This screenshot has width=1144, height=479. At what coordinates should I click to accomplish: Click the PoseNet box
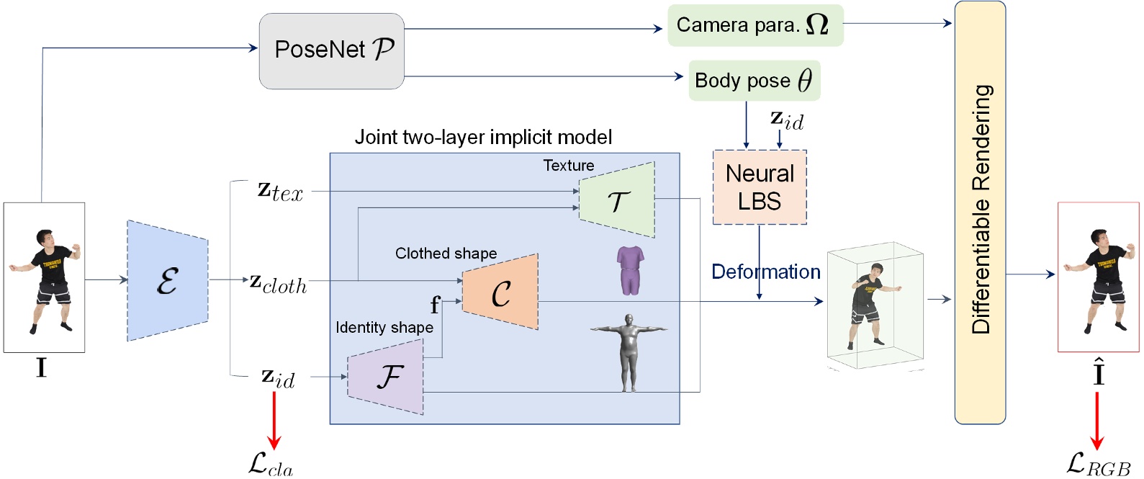pyautogui.click(x=331, y=50)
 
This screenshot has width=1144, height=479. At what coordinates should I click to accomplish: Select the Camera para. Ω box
pyautogui.click(x=755, y=25)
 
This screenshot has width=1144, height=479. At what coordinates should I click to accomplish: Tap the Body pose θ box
pyautogui.click(x=754, y=81)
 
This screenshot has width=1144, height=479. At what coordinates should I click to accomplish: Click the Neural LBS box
pyautogui.click(x=760, y=187)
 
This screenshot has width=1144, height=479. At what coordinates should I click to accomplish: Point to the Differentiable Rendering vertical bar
pyautogui.click(x=980, y=212)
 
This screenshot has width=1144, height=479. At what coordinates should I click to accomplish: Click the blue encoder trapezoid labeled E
pyautogui.click(x=167, y=280)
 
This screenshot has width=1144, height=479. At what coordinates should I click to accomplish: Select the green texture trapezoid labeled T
pyautogui.click(x=618, y=200)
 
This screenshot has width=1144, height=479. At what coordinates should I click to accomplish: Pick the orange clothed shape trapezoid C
pyautogui.click(x=500, y=292)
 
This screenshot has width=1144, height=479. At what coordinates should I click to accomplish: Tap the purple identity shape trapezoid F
pyautogui.click(x=387, y=377)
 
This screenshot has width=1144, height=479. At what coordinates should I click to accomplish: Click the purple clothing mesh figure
pyautogui.click(x=630, y=270)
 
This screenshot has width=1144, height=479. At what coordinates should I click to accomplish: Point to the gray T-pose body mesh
pyautogui.click(x=629, y=352)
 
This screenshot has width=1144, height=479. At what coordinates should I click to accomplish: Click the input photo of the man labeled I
pyautogui.click(x=45, y=277)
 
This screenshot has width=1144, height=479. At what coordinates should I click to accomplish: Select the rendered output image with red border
pyautogui.click(x=1098, y=277)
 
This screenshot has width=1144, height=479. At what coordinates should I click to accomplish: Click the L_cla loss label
pyautogui.click(x=271, y=464)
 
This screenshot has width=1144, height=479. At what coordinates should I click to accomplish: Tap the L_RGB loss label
pyautogui.click(x=1098, y=465)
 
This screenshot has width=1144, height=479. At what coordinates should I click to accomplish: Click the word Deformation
pyautogui.click(x=765, y=272)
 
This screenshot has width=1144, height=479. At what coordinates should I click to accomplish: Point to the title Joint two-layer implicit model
pyautogui.click(x=483, y=137)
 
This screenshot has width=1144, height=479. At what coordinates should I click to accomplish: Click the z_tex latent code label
pyautogui.click(x=280, y=192)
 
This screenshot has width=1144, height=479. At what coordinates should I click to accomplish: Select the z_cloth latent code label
pyautogui.click(x=279, y=284)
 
